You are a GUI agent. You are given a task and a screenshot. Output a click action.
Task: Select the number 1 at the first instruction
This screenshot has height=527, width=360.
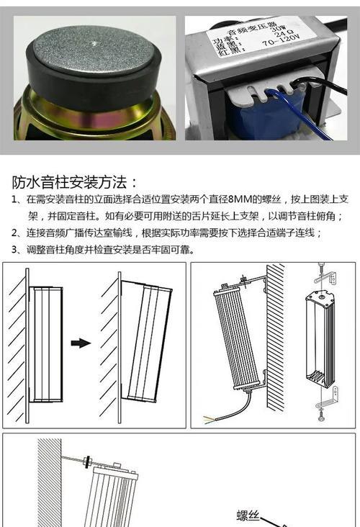pyautogui.click(x=15, y=200)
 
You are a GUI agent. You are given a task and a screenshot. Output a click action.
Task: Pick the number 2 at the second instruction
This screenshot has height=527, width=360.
pyautogui.click(x=15, y=233)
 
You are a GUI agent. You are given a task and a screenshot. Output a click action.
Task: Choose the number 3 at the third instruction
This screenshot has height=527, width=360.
pyautogui.click(x=15, y=250)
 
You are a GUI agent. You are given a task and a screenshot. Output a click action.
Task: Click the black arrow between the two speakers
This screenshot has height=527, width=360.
pyautogui.click(x=81, y=343)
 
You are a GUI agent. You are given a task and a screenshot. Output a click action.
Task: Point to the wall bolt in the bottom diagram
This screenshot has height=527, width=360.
pyautogui.click(x=86, y=459)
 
